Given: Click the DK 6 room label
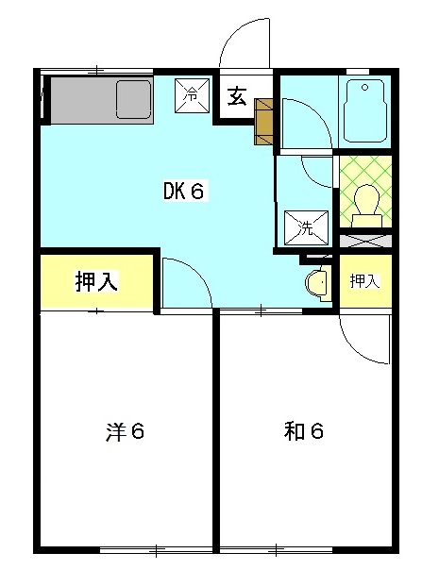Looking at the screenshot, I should pyautogui.click(x=183, y=192).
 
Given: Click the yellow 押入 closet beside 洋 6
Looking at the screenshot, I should pyautogui.click(x=95, y=281).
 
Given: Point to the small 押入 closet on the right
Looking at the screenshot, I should pyautogui.click(x=364, y=280).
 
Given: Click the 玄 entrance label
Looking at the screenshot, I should pyautogui.click(x=235, y=97).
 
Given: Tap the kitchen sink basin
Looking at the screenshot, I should pyautogui.click(x=133, y=98).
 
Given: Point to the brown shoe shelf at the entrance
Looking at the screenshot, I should pyautogui.click(x=263, y=121).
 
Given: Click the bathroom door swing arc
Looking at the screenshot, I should pyautogui.click(x=305, y=123).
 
